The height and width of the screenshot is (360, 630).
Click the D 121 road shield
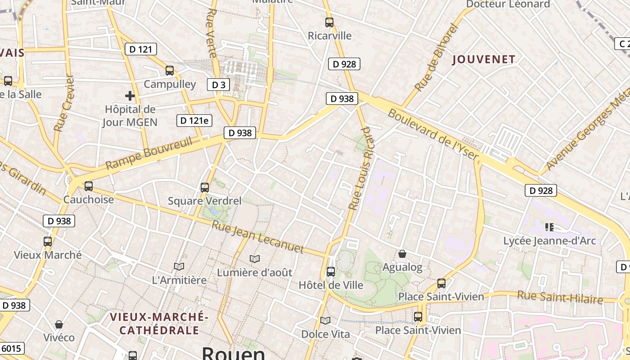(140, 49)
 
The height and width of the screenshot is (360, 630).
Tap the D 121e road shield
(194, 120)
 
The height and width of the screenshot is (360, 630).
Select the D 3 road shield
(218, 85)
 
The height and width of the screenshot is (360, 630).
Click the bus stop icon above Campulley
(170, 70)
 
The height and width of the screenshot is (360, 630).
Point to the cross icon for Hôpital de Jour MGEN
(130, 95)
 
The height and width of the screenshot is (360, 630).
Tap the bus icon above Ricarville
(329, 22)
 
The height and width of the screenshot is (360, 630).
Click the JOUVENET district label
(483, 59)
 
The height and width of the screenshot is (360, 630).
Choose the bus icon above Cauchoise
(89, 186)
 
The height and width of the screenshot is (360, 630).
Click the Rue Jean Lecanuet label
(258, 237)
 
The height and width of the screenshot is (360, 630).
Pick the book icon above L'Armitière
(179, 266)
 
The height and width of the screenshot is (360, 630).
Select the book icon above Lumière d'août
(255, 259)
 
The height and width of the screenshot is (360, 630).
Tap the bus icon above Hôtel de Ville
(331, 271)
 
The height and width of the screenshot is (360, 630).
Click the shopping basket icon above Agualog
(402, 254)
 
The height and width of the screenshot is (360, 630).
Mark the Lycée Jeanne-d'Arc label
(549, 241)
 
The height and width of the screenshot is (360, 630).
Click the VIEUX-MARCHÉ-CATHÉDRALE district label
(159, 324)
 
